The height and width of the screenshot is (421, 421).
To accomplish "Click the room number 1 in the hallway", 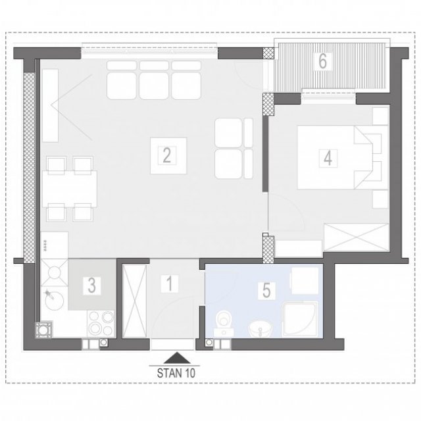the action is [170, 284].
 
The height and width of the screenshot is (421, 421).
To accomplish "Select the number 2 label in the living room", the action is [166, 155].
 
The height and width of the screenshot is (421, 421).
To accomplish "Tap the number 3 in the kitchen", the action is [92, 285].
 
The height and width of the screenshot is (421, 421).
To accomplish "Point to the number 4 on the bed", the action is [328, 158].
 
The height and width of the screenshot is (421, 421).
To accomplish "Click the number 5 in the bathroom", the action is [266, 290].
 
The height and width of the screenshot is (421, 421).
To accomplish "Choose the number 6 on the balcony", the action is [323, 61].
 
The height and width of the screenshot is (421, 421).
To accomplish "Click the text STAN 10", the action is [176, 373].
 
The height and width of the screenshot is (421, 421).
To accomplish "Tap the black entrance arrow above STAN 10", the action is [177, 358].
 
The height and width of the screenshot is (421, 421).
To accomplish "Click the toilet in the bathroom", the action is [224, 323].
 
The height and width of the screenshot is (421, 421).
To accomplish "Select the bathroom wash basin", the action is [260, 329].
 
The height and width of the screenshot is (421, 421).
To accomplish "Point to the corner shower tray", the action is [300, 319].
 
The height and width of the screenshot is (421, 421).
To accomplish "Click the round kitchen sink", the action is [55, 301].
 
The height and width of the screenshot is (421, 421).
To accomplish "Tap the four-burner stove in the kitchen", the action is [101, 324].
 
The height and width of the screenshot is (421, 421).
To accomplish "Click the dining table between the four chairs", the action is [70, 189].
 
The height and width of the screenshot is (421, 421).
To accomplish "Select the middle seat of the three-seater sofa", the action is [154, 86].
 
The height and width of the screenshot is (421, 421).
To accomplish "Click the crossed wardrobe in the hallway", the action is [134, 301].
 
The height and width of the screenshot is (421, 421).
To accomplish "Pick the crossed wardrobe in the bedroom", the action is [357, 237].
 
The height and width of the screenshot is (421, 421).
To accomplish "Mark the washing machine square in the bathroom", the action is [305, 281].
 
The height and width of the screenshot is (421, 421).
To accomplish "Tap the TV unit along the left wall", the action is [50, 105].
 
